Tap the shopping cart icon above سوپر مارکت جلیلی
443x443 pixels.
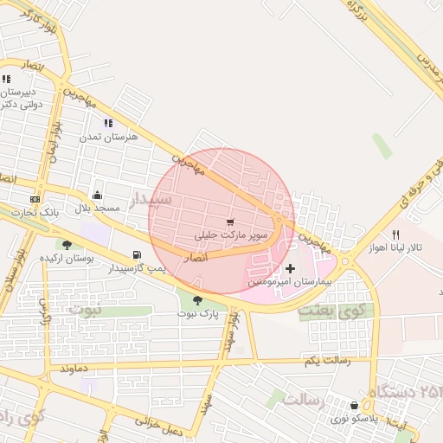click(230, 222)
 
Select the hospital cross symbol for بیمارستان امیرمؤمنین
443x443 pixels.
click(290, 268)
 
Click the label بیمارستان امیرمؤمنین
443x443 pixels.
click(277, 282)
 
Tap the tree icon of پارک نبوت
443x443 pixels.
click(198, 299)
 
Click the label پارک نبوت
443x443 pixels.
click(198, 313)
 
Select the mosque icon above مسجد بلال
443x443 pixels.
click(96, 196)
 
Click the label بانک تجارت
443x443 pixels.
click(35, 213)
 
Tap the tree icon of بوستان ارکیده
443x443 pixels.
click(67, 246)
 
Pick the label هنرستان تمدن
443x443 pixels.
click(105, 137)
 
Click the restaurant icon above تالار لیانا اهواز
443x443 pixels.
click(396, 234)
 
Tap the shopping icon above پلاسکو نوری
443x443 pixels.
click(355, 406)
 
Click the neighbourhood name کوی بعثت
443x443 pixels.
click(337, 309)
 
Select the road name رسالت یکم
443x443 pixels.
click(328, 359)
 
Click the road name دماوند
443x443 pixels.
click(75, 368)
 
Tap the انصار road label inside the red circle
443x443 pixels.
click(197, 257)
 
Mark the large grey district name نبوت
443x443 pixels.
click(85, 309)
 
